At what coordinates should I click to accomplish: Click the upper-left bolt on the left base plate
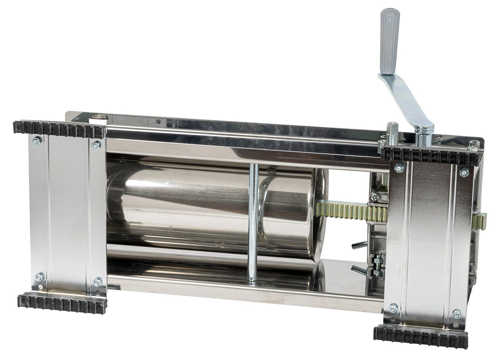pos(36,140)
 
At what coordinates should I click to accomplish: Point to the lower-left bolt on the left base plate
pos(40,276)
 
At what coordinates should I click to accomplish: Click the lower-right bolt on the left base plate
pos(97,282)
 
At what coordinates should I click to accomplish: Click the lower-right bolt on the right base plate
pos(456,314)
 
